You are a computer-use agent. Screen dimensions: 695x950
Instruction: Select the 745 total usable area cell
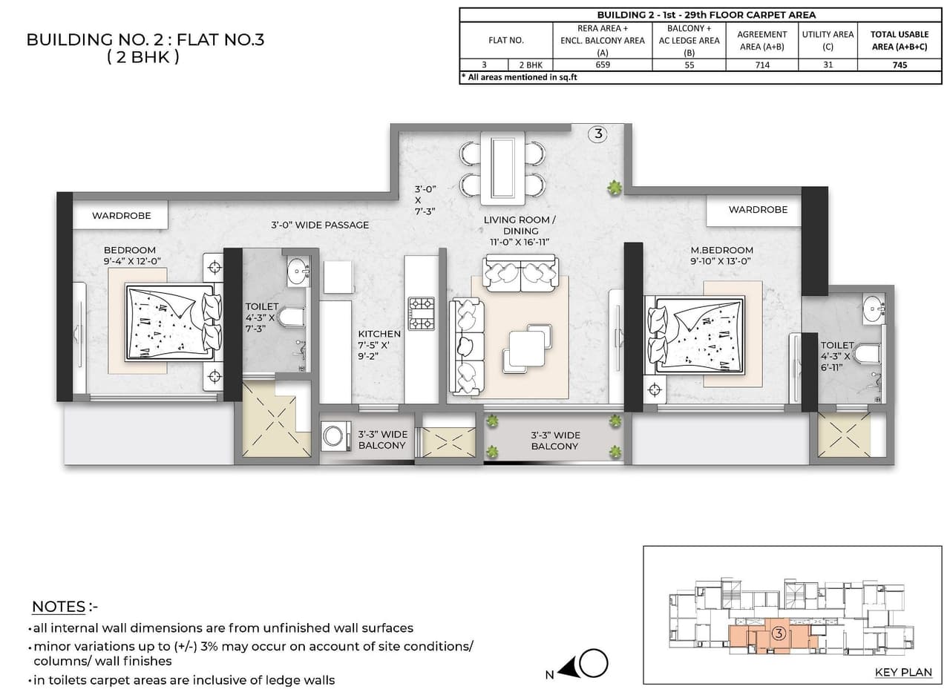pos(899,65)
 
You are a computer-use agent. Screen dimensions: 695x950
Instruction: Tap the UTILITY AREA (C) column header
pos(828,40)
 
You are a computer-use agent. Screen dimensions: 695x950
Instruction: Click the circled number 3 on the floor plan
pos(597,134)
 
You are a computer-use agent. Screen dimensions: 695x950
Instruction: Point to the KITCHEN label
pos(379,335)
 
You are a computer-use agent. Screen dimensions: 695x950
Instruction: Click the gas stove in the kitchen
pos(422,313)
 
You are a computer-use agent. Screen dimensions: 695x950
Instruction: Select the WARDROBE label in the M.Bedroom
pos(758,210)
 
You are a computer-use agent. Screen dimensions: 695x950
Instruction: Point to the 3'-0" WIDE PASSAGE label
pos(319,225)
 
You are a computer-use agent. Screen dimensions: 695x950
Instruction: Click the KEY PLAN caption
pos(902,673)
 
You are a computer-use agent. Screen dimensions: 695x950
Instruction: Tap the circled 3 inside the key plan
pos(779,633)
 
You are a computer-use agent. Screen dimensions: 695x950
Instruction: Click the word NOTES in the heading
pos(59,607)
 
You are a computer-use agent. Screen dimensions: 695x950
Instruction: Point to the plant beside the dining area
pos(615,189)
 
